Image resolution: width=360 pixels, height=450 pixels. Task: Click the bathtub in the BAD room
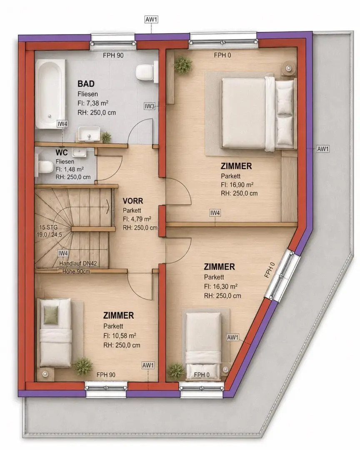pos(50,94)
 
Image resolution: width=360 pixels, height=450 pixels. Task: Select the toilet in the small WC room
pos(44,167)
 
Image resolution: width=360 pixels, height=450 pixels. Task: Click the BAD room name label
pos(86,84)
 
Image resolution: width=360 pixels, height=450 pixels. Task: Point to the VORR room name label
pos(132,200)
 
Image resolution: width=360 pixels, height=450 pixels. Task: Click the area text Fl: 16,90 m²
pos(237,185)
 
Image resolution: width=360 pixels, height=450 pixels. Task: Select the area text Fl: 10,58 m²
pos(120,335)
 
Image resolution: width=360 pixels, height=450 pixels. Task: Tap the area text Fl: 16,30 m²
pos(220,286)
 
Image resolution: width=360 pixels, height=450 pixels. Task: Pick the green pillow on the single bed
pos(51,315)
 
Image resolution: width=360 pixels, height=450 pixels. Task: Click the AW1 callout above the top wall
pos(151,20)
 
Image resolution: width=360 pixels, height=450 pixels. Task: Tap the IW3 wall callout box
pos(150,106)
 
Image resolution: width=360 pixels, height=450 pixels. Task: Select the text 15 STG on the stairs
pos(48,227)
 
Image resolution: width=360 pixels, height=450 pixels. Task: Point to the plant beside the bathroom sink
pos(106,137)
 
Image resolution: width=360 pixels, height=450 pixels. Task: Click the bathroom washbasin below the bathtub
pos(89,134)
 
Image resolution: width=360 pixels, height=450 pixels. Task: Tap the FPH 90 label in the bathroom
pos(113,55)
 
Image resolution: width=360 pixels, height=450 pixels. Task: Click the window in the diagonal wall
pos(282,276)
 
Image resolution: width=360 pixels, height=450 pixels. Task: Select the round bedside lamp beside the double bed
pos(288,68)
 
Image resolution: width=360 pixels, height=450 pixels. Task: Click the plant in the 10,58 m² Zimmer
pos(83,366)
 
